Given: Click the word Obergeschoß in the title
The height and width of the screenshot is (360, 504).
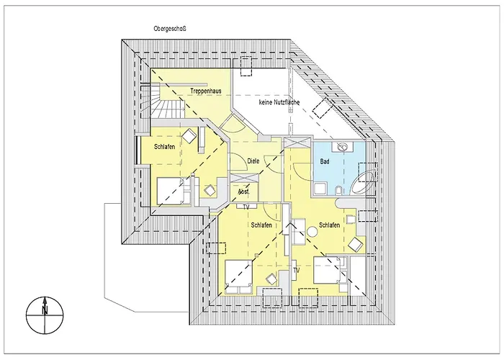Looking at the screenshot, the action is coord(170,29).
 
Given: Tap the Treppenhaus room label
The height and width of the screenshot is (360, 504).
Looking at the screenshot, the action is coord(206,91).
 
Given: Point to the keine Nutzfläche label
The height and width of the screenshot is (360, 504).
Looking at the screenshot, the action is coord(279,102).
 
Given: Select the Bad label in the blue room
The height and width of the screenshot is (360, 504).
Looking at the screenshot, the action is coord(325,161).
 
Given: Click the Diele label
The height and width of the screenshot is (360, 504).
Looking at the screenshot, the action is coord(253,161).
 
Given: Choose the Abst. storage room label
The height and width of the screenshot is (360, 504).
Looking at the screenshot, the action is coord(243,192).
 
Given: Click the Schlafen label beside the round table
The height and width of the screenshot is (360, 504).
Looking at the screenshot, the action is coord(329,225).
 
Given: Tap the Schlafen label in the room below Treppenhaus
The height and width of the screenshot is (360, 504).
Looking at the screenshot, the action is coord(165,147).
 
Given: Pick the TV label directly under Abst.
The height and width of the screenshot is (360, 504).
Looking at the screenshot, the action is coord(246,207).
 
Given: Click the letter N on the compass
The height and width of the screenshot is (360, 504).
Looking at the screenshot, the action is coord(45,310).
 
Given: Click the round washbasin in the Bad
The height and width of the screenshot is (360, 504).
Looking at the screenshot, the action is coord(343,147).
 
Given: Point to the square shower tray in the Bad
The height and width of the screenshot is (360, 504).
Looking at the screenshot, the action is coord(320,189).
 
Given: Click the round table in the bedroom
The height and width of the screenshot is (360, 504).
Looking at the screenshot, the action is coord(312,232).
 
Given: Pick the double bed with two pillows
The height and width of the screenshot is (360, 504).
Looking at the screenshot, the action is coord(238,276).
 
